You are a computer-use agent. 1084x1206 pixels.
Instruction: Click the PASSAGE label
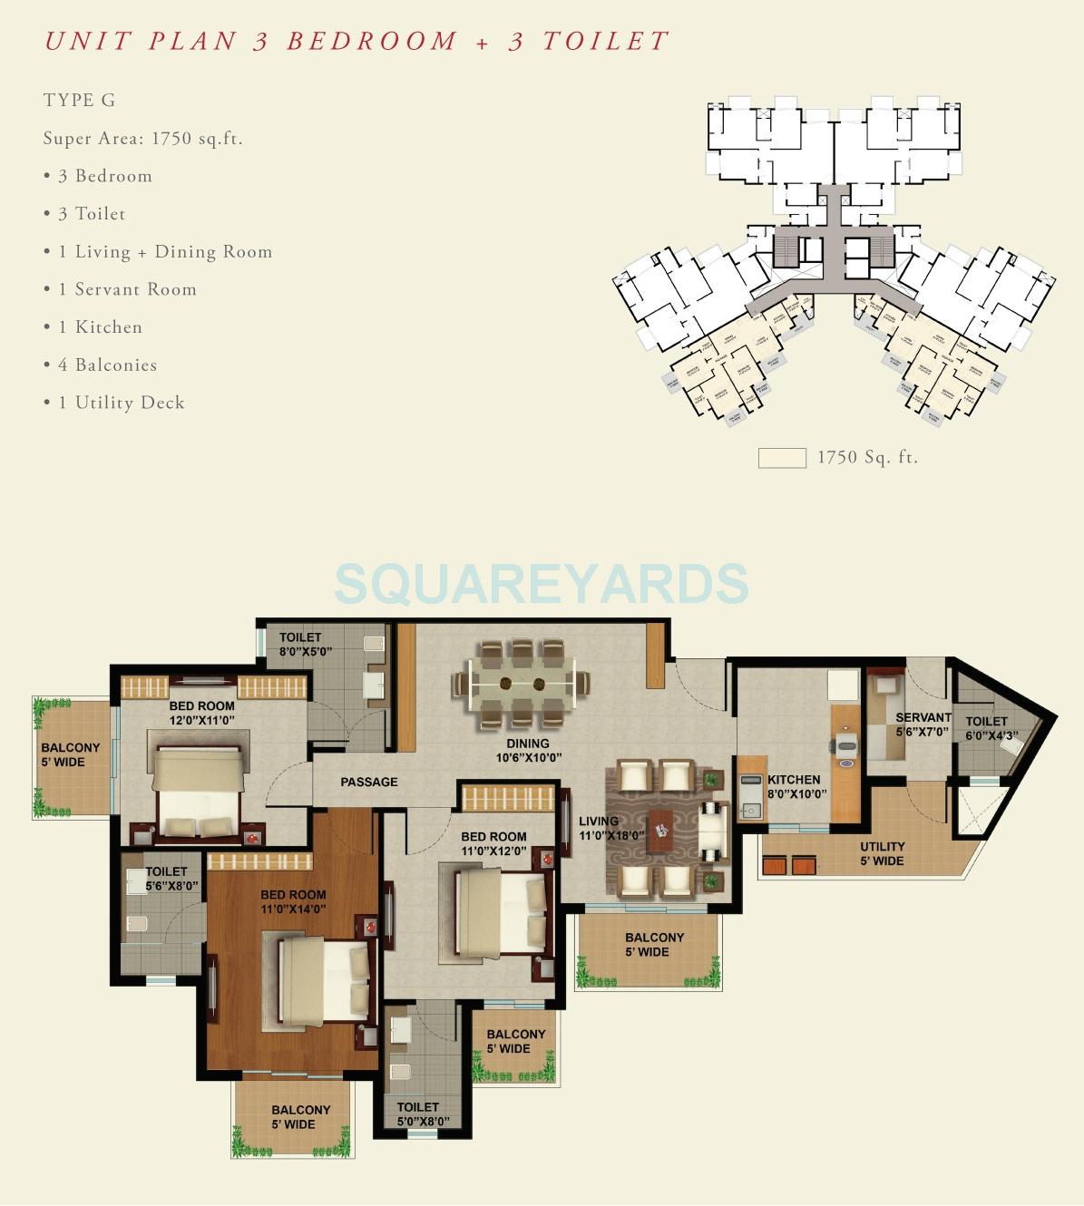coord(368,782)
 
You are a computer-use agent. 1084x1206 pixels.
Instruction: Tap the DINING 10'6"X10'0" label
coord(528,750)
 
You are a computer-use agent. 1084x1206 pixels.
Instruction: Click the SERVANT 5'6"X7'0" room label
coord(923,724)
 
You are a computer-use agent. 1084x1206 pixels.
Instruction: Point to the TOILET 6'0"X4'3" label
coord(989,729)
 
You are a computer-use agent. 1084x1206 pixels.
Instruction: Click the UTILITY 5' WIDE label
coord(882,853)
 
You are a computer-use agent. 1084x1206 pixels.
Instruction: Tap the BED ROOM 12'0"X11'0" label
coord(201,713)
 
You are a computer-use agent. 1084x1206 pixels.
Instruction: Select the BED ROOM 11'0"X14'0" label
coord(293,901)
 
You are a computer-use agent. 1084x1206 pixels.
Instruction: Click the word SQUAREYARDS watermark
coord(542,583)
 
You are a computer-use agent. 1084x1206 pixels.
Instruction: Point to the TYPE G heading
coord(79,100)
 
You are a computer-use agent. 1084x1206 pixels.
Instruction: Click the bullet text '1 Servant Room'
coord(127,289)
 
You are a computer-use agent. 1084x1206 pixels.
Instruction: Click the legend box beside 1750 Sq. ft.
coord(782,458)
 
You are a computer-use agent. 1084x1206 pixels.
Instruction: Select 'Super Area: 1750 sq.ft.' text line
coord(142,138)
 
